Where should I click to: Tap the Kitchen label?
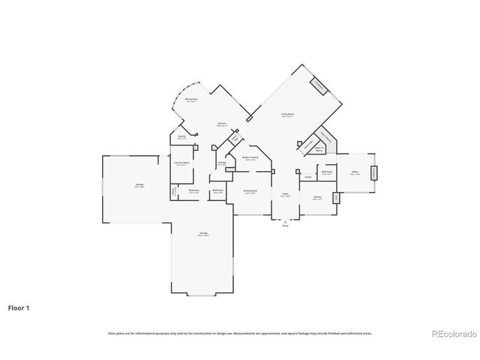point(222,124)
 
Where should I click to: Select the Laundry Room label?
point(181,163)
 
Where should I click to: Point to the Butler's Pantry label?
point(250,157)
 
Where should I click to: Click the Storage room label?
point(222,163)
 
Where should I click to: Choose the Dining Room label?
point(251,192)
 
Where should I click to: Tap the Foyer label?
point(286,193)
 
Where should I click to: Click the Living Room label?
point(287,115)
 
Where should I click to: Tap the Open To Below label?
point(319,148)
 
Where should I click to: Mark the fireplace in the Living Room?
point(319,86)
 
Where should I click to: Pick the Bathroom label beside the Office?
point(327,172)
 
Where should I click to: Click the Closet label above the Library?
point(308,177)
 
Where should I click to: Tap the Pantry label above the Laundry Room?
point(181,137)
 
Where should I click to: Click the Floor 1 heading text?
point(19,307)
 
